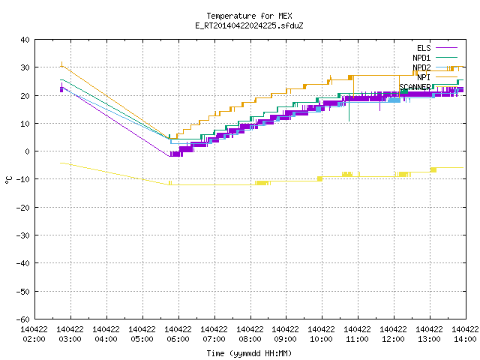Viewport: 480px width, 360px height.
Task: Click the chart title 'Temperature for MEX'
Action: tap(249, 16)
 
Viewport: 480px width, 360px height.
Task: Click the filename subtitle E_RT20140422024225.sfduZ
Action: tap(249, 25)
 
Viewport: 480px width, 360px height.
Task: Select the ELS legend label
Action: tap(424, 48)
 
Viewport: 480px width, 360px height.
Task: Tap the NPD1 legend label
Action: tap(421, 58)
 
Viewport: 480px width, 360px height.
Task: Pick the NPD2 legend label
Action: tap(421, 67)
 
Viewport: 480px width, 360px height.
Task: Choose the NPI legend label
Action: tap(424, 77)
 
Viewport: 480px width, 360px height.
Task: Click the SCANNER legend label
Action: tap(415, 87)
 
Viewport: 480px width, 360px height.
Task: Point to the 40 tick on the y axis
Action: tap(25, 40)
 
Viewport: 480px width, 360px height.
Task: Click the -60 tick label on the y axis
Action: tap(23, 319)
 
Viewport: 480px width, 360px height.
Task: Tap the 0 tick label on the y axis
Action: tap(28, 151)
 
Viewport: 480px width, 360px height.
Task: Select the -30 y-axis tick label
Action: tap(23, 235)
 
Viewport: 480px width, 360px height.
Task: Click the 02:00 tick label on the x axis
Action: tap(34, 339)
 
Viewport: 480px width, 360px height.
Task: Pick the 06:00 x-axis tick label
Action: tap(178, 339)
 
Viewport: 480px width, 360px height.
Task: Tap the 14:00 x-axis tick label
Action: tap(465, 339)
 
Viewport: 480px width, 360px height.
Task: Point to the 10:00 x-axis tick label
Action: tap(322, 339)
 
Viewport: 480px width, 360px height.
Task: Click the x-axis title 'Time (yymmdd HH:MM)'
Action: tap(249, 353)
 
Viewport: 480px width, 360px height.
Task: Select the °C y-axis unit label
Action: tap(8, 180)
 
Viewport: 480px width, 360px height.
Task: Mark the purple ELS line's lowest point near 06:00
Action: tap(169, 157)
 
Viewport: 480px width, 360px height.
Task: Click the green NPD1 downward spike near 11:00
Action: tap(349, 111)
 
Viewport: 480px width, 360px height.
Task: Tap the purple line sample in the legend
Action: tap(447, 48)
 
